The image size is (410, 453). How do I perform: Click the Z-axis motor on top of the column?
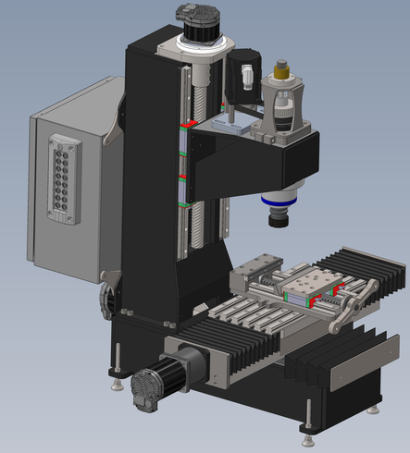click(203, 23)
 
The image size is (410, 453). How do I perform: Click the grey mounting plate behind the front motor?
click(207, 365)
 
